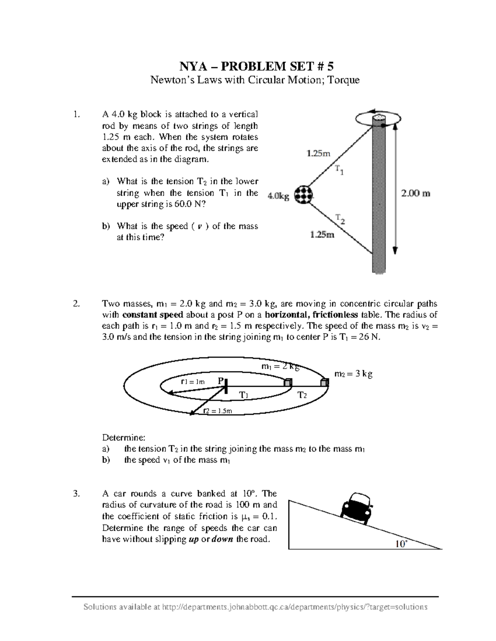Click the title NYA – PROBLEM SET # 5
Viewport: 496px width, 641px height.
click(255, 66)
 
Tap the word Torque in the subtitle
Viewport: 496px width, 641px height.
click(343, 80)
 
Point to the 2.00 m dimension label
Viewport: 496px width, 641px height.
click(416, 193)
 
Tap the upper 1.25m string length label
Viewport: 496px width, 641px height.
click(318, 154)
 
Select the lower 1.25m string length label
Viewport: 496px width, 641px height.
click(322, 235)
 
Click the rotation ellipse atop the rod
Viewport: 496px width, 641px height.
click(378, 118)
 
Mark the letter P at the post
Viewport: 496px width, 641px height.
click(221, 381)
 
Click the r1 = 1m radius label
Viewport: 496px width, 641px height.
click(193, 382)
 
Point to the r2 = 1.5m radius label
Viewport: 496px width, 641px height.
click(218, 411)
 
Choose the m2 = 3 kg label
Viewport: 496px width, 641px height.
click(353, 374)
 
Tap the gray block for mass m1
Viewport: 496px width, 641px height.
click(288, 383)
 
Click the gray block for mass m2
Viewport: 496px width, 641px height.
click(324, 383)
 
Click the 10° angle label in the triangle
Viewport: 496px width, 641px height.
click(401, 544)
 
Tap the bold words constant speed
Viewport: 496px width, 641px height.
click(153, 315)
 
